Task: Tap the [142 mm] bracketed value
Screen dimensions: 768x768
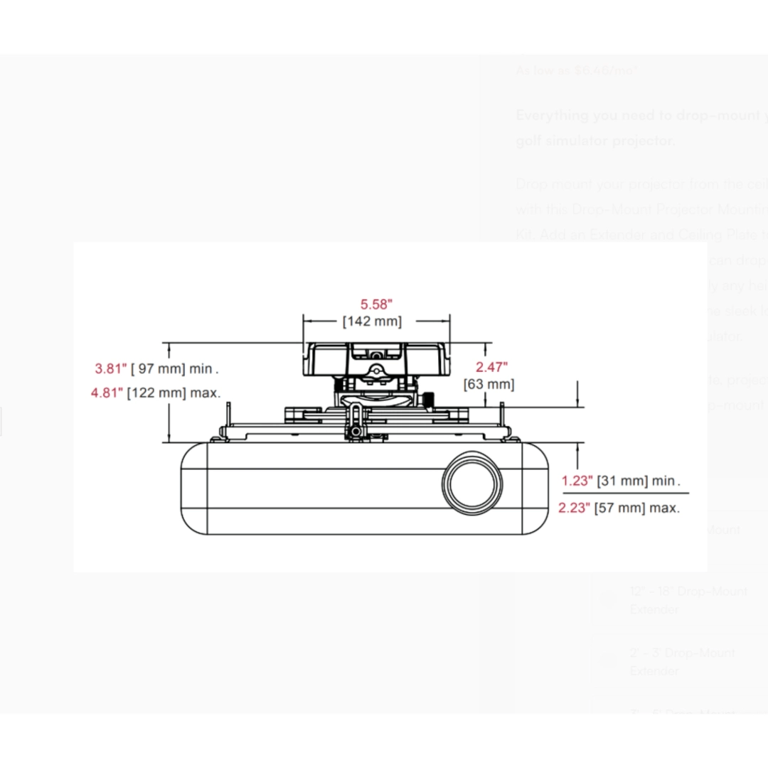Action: point(372,321)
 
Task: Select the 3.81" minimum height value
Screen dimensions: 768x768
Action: point(110,368)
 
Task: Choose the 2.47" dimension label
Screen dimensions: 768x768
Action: point(491,367)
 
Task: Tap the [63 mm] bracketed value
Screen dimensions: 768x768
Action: point(489,384)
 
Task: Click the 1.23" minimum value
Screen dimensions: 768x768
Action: point(577,481)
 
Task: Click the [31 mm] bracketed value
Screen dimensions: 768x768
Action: point(622,481)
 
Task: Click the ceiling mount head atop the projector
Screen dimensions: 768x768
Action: point(376,359)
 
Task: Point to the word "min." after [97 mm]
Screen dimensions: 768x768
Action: point(203,368)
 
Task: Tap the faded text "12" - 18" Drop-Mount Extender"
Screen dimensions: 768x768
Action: point(688,600)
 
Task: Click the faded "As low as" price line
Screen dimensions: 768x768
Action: point(577,70)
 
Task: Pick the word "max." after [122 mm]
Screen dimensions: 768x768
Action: point(205,392)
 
